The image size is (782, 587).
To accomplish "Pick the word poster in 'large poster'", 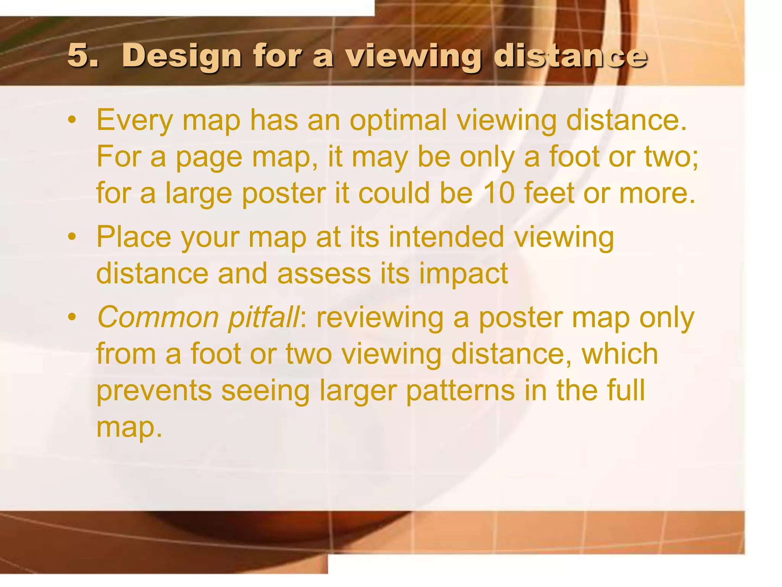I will (284, 194).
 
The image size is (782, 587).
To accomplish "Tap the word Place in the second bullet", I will (134, 237).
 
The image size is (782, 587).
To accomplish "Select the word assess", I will (324, 274).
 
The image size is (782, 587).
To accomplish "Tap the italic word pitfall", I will (263, 318).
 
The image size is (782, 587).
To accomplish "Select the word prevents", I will (154, 391).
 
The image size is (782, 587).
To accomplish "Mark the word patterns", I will (460, 391).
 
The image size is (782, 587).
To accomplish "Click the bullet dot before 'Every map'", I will (71, 121).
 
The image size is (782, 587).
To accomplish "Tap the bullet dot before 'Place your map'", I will (71, 237).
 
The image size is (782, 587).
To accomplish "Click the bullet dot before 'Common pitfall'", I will (71, 318).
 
